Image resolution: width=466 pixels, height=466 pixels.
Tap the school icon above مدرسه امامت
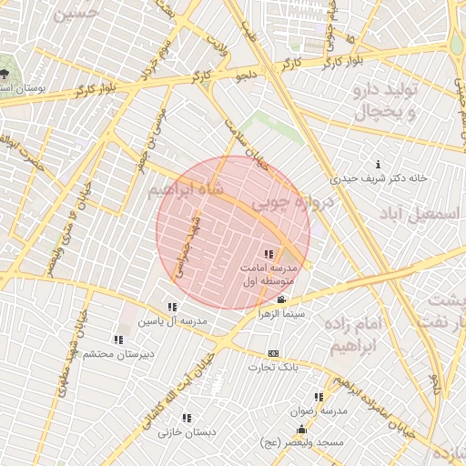pyautogui.click(x=268, y=255)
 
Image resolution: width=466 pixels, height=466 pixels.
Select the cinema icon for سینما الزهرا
pyautogui.click(x=280, y=299)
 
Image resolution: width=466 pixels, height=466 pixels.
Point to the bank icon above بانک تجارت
pyautogui.click(x=273, y=353)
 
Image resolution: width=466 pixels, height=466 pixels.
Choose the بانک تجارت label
pyautogui.click(x=274, y=367)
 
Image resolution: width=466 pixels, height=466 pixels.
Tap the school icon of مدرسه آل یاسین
pyautogui.click(x=172, y=307)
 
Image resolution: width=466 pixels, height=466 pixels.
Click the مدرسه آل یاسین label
pyautogui.click(x=173, y=321)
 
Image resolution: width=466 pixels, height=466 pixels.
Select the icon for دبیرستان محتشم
pyautogui.click(x=118, y=339)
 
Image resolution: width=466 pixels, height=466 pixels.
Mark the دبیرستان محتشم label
pyautogui.click(x=121, y=353)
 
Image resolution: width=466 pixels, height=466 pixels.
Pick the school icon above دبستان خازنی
pyautogui.click(x=186, y=418)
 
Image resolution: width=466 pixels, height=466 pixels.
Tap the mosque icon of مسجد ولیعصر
pyautogui.click(x=302, y=429)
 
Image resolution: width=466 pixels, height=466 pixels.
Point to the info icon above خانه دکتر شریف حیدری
pyautogui.click(x=378, y=164)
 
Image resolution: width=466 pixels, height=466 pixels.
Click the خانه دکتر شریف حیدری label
pyautogui.click(x=379, y=178)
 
